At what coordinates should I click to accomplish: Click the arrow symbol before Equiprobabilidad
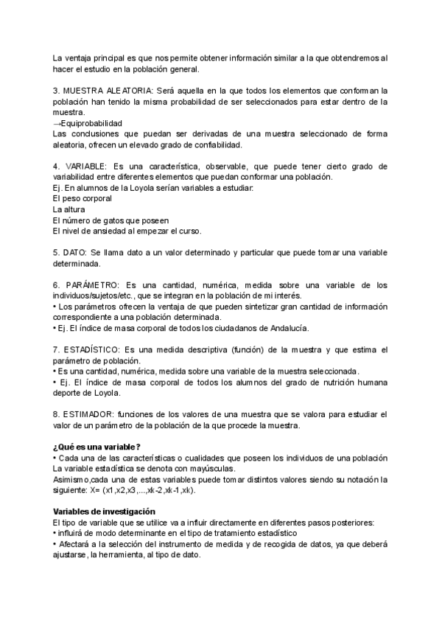coord(57,123)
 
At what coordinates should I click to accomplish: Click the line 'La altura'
coord(69,209)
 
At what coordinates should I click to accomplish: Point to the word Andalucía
coord(285,328)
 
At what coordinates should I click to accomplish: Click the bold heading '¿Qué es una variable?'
coord(97,447)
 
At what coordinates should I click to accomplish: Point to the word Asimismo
coord(72,479)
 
